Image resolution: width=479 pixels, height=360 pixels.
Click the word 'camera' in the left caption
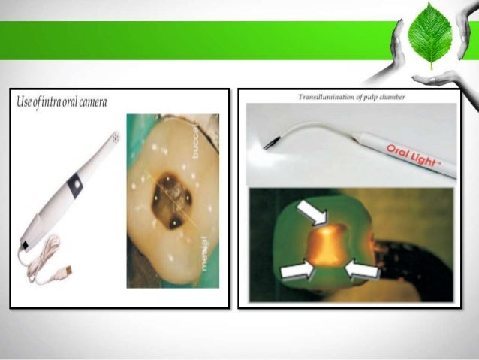(89, 101)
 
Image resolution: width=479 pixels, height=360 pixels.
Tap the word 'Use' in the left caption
(24, 101)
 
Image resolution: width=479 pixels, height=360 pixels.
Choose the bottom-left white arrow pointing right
(297, 268)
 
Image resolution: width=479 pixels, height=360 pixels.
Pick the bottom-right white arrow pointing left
(363, 269)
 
